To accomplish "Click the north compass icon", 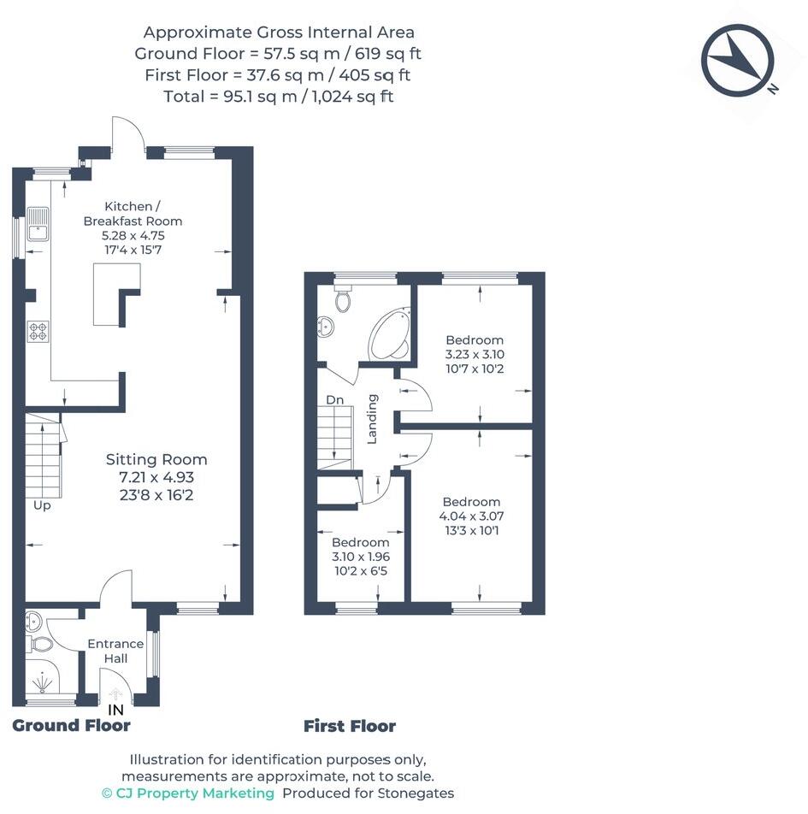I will tap(733, 60).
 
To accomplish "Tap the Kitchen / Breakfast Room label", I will tap(133, 214).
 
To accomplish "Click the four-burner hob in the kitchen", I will tap(38, 331).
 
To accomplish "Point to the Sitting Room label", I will tap(156, 459).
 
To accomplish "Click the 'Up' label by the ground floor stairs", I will tap(42, 505).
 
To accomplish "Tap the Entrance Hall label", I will tap(115, 651).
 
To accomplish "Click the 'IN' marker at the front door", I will tap(115, 710).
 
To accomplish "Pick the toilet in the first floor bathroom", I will tap(344, 299).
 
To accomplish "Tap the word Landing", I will tap(372, 419).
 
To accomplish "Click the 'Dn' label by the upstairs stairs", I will tap(334, 399).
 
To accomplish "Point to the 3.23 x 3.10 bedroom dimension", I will tap(475, 354).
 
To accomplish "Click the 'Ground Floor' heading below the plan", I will tap(71, 726).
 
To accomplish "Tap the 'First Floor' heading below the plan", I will tap(350, 727).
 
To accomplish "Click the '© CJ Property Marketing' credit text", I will tap(188, 793).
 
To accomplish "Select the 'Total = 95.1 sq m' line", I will tap(278, 97).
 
